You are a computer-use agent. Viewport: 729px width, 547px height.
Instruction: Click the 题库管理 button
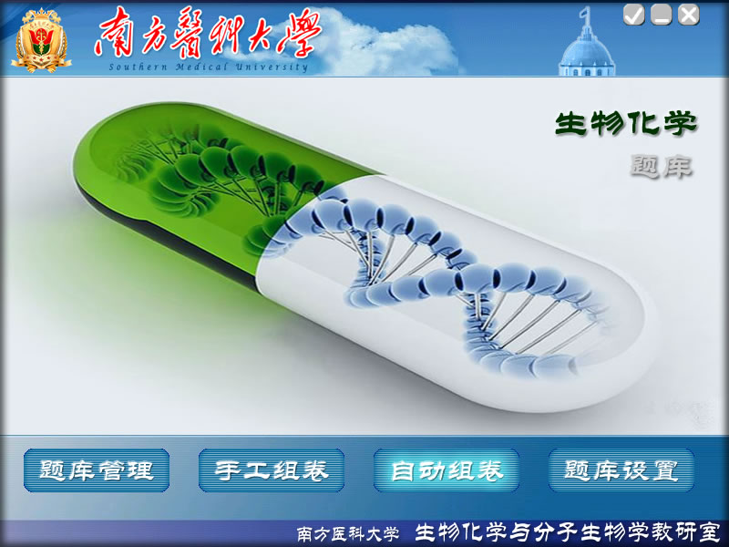[x=97, y=470]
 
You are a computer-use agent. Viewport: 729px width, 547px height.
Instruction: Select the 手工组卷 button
[x=271, y=470]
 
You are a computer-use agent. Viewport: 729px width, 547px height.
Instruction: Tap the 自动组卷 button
[x=447, y=470]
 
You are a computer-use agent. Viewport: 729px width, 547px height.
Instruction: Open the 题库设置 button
[x=621, y=470]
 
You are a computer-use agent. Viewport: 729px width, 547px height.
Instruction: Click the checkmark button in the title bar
[x=633, y=15]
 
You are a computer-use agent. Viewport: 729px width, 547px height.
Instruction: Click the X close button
[x=689, y=15]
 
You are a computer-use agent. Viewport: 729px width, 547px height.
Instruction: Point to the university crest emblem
[x=41, y=41]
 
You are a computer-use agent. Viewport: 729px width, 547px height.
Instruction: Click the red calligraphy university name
[x=208, y=34]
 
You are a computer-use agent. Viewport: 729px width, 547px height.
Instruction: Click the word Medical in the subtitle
[x=201, y=67]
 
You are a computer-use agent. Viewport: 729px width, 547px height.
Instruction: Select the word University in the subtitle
[x=272, y=67]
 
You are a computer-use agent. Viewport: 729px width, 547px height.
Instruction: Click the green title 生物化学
[x=626, y=123]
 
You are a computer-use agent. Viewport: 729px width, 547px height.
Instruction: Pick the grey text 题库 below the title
[x=662, y=166]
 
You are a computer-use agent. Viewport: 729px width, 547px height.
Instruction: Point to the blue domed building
[x=587, y=50]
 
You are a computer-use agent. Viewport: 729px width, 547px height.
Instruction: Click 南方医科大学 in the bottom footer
[x=348, y=533]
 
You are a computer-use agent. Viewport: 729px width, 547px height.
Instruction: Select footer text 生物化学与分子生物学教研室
[x=567, y=532]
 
